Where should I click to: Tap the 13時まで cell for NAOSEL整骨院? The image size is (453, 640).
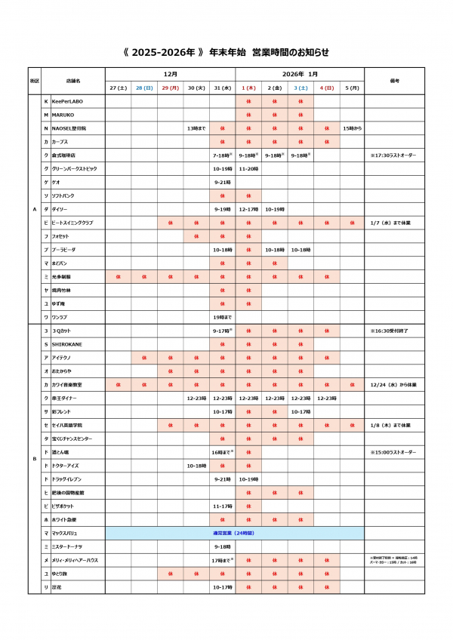pos(196,128)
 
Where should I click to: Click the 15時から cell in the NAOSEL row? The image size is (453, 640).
pos(352,128)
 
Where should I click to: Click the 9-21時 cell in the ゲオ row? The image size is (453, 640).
pos(222,182)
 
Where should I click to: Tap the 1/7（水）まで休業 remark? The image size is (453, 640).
pos(391,223)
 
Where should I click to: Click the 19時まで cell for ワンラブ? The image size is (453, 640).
pos(222,317)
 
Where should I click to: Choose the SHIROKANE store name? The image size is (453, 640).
pos(67,344)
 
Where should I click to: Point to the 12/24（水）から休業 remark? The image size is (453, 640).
pos(393,384)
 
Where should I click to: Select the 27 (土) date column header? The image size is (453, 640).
pos(118,88)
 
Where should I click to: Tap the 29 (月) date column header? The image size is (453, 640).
pos(170,88)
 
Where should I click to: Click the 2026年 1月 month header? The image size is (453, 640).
pos(300,74)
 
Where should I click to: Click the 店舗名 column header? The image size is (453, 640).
pos(73,80)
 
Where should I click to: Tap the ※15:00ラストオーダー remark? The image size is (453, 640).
pos(393,452)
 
